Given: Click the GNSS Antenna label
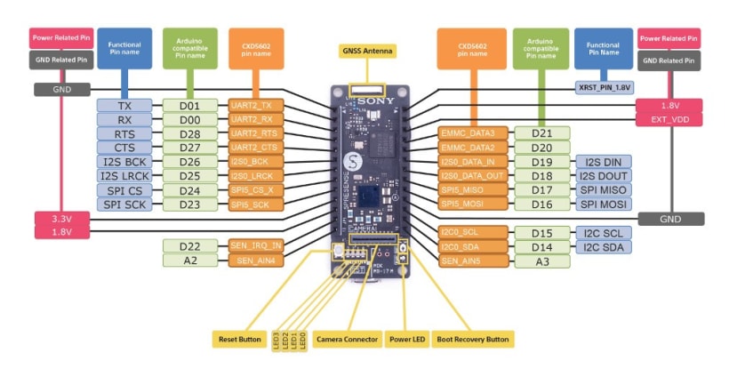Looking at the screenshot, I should tap(367, 51).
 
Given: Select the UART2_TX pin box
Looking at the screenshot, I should tap(255, 106).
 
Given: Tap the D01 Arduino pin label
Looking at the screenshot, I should tap(189, 106).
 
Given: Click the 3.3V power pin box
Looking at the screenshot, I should tap(60, 218).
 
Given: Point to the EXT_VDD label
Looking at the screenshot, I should tap(669, 118).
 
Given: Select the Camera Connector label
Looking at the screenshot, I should tap(348, 339).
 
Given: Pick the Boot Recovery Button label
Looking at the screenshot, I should tap(476, 339).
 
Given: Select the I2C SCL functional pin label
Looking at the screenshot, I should tap(604, 233).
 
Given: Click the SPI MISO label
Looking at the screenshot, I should tap(604, 190).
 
